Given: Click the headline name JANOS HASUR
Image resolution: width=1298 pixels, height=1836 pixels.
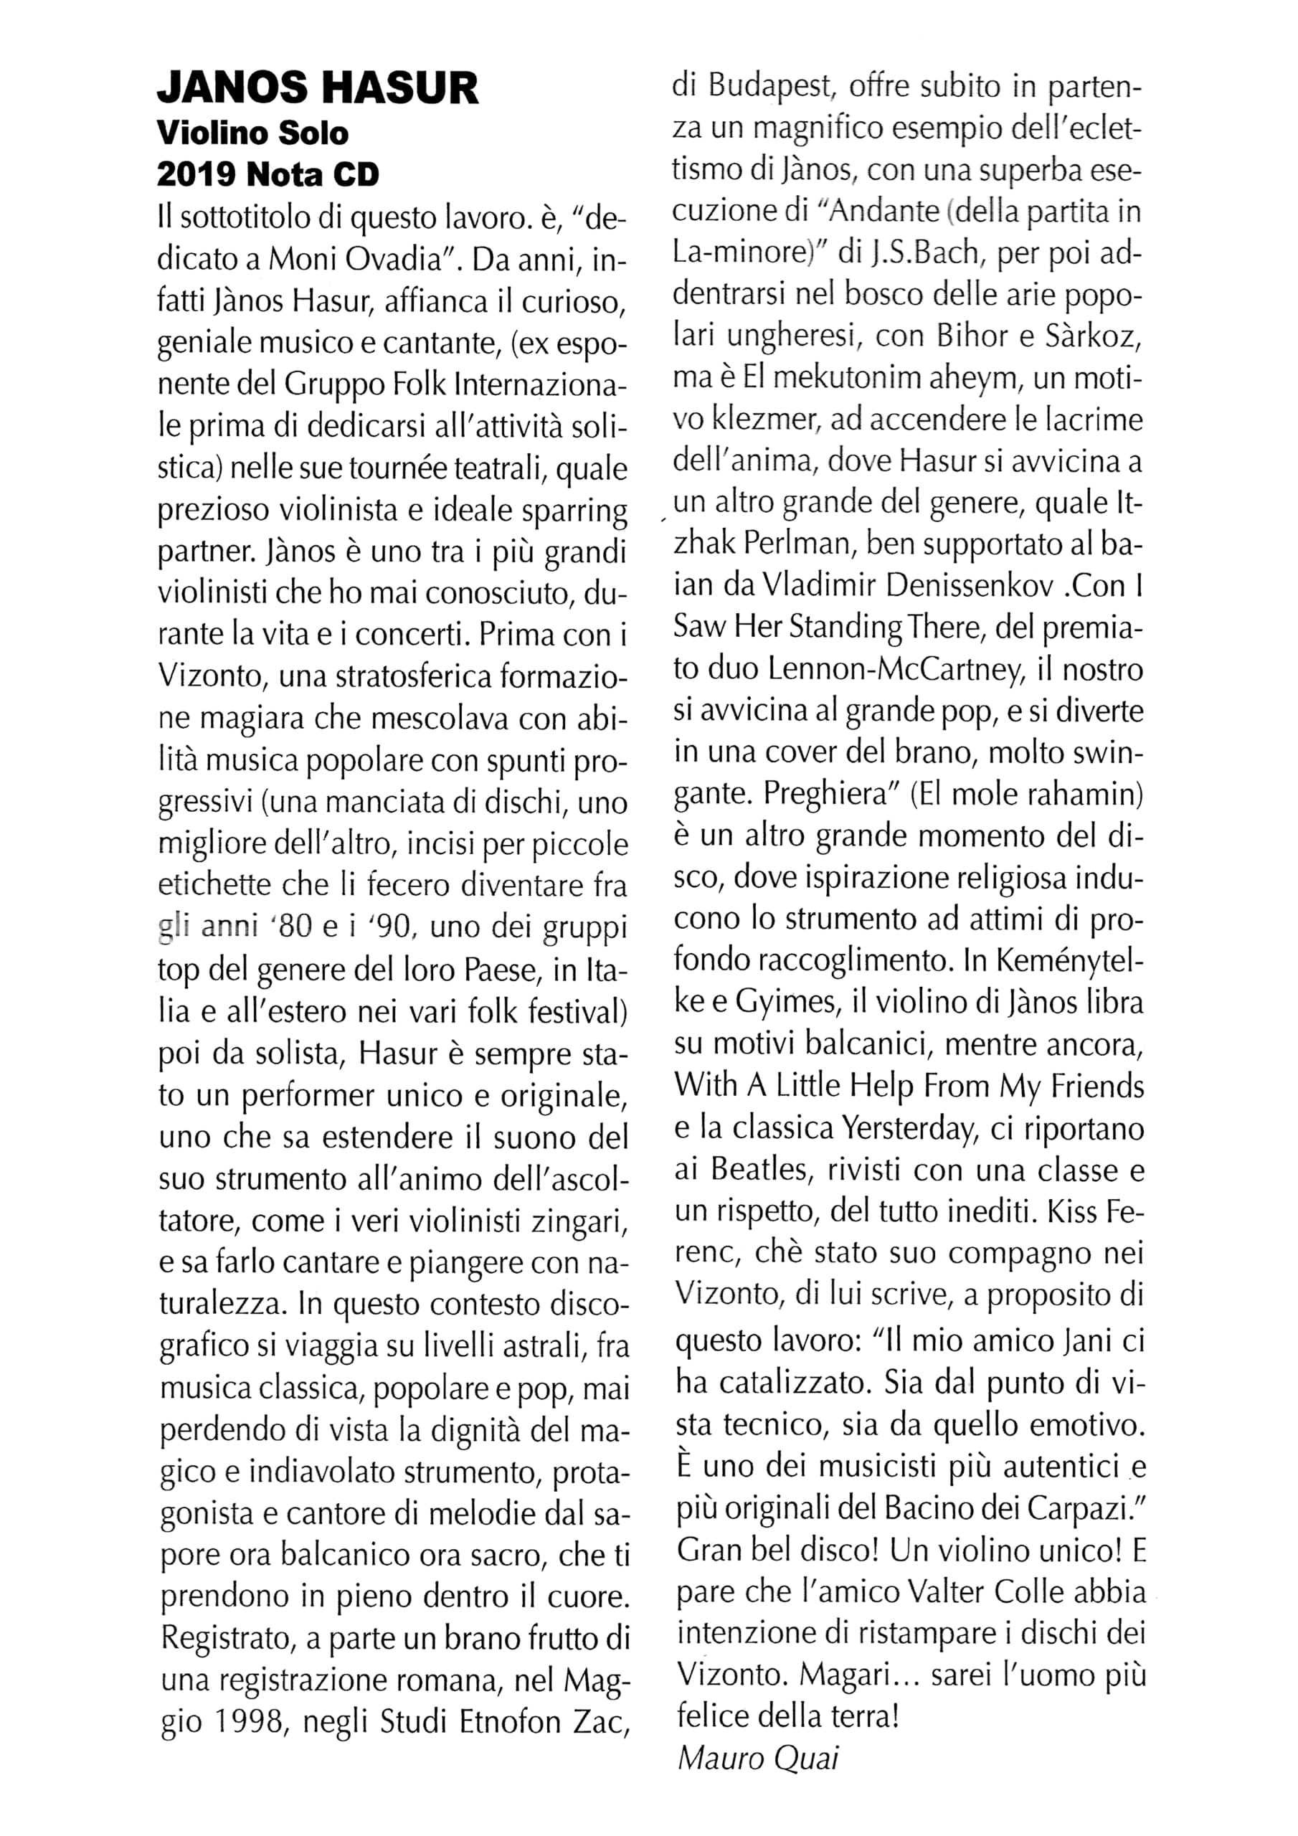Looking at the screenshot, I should pos(318,88).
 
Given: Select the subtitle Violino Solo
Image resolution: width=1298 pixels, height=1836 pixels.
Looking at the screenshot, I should pos(252,133).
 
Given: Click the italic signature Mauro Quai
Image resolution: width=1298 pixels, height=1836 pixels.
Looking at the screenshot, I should pos(757,1759).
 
